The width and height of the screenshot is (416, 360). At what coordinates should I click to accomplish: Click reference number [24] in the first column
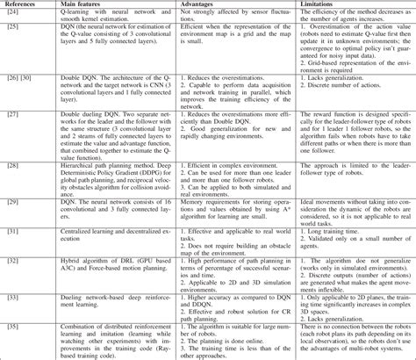pos(12,15)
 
